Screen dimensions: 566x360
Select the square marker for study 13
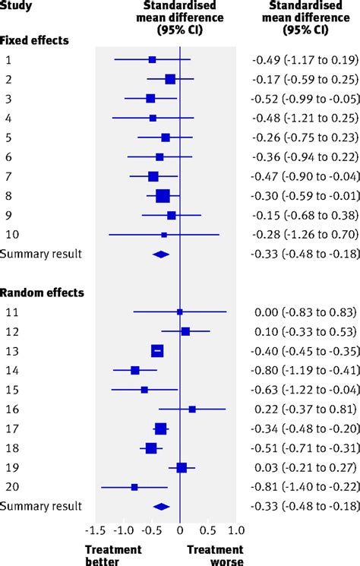[157, 350]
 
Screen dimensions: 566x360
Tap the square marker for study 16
[192, 409]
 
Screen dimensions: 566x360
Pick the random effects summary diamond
[161, 505]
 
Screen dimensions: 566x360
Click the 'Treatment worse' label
[215, 555]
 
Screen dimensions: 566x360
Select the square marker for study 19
[182, 467]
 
